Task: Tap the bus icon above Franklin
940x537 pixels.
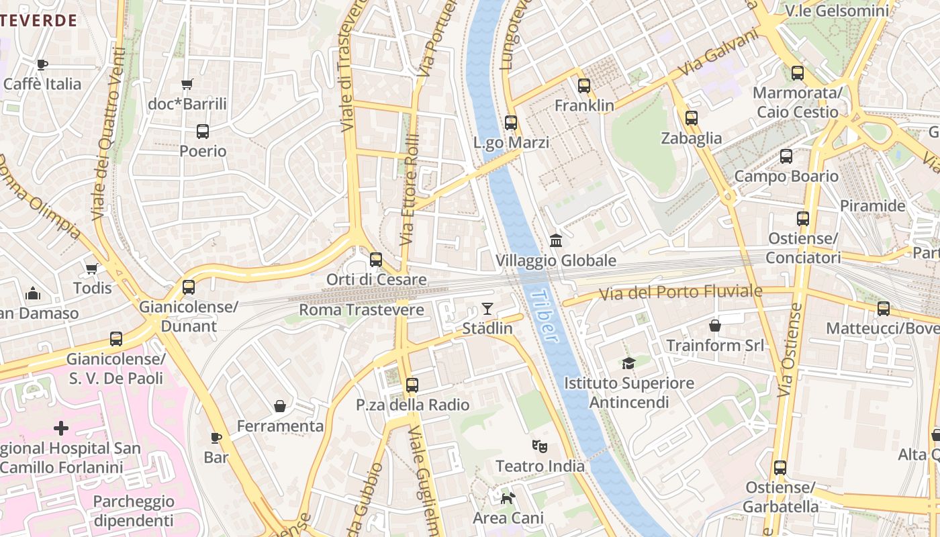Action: pyautogui.click(x=584, y=86)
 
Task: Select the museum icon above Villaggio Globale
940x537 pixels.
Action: pyautogui.click(x=555, y=240)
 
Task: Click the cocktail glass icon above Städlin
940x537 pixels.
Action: pyautogui.click(x=487, y=309)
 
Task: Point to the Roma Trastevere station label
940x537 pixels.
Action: pyautogui.click(x=361, y=310)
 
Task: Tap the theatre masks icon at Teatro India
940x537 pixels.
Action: pyautogui.click(x=539, y=446)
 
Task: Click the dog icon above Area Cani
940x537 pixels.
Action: pyautogui.click(x=508, y=498)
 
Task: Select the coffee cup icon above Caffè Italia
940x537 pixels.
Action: pyautogui.click(x=42, y=64)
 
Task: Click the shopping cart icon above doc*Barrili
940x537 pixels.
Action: pyautogui.click(x=187, y=85)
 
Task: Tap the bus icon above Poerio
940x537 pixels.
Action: pyautogui.click(x=203, y=132)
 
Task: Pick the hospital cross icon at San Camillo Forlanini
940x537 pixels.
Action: pyautogui.click(x=61, y=428)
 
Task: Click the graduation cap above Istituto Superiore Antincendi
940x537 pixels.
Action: pyautogui.click(x=628, y=363)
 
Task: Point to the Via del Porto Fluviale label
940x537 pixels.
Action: pyautogui.click(x=681, y=293)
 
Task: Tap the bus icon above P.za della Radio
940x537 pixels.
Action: pyautogui.click(x=412, y=385)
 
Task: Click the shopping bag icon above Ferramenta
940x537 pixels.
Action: pyautogui.click(x=280, y=406)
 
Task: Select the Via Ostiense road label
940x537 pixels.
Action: pyautogui.click(x=790, y=350)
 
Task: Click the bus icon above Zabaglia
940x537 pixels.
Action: pyautogui.click(x=692, y=118)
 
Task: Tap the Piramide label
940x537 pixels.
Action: pyautogui.click(x=873, y=206)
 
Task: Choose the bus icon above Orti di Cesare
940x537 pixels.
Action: pyautogui.click(x=376, y=260)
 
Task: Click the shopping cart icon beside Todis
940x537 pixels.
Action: pyautogui.click(x=91, y=269)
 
